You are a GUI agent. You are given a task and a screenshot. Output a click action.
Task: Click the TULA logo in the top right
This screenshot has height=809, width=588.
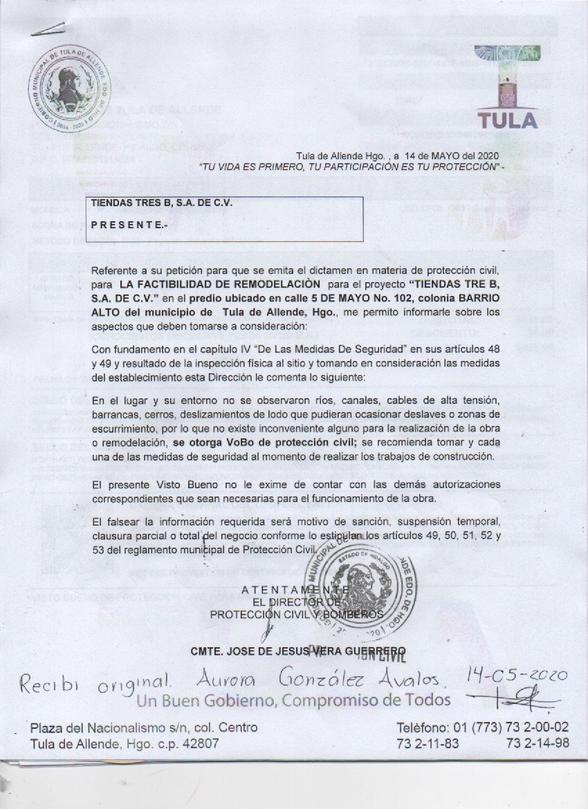508,86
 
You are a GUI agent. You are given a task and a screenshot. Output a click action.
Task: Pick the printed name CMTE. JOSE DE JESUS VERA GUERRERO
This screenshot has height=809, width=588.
297,650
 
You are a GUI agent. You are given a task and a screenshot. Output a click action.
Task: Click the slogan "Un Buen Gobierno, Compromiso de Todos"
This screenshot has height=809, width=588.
293,700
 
